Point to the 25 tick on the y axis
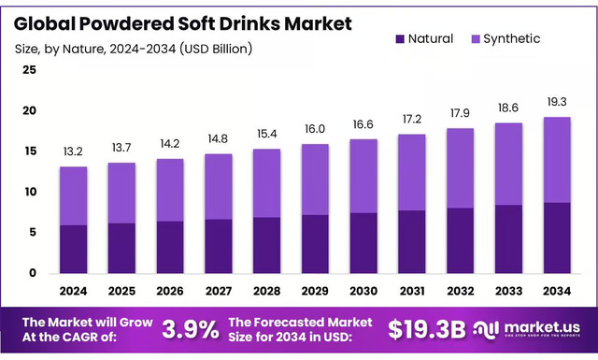click(31, 70)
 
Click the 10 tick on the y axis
click(31, 192)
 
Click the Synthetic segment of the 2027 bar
click(219, 186)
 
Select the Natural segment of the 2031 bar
click(412, 241)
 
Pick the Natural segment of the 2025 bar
click(121, 248)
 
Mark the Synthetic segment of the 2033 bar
click(509, 164)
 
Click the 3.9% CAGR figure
click(191, 329)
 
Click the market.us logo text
click(542, 325)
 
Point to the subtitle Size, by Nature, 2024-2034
click(132, 48)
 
